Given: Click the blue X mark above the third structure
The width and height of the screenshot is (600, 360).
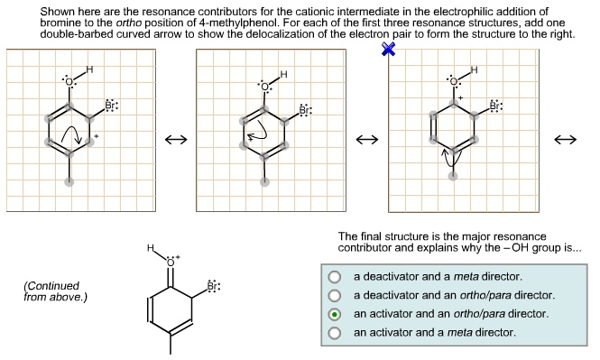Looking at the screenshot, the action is click(389, 50).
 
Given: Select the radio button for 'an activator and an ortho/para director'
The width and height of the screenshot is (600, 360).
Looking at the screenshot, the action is click(335, 314).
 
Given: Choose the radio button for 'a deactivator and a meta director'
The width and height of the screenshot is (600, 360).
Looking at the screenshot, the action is click(335, 276).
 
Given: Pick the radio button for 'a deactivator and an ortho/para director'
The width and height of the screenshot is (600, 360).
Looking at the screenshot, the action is click(335, 295).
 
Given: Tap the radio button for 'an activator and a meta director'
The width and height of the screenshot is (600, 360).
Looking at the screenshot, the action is click(335, 333).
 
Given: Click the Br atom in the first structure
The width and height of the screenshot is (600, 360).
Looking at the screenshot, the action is click(111, 105).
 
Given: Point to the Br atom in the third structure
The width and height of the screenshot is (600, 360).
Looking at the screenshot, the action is click(494, 106).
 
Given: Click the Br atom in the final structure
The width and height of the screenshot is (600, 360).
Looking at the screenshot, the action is click(212, 287).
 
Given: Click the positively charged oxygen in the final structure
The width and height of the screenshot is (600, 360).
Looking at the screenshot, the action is click(171, 259).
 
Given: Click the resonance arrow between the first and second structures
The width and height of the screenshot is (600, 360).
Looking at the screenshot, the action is click(175, 140).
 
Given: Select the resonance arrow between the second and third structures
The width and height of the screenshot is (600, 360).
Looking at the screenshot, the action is click(366, 140).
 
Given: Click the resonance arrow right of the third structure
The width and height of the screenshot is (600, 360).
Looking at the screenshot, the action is click(566, 140).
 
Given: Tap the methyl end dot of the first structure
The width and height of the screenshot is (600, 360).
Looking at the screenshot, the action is click(69, 180).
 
